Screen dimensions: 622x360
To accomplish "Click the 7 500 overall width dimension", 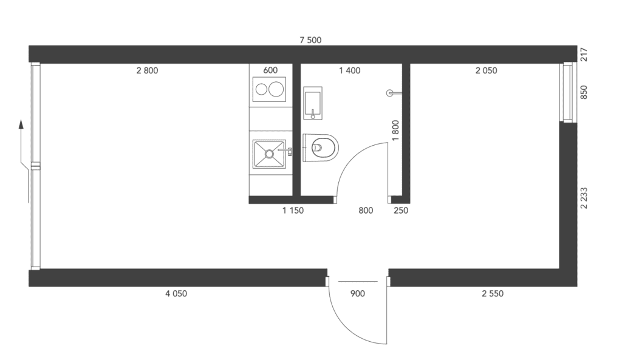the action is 310,40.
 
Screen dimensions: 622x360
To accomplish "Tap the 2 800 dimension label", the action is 147,70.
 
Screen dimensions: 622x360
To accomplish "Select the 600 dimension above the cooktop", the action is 270,70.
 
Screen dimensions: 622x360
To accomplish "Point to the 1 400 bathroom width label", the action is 350,70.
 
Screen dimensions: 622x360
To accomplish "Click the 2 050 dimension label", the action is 487,70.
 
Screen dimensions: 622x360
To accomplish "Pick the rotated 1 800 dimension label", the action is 395,131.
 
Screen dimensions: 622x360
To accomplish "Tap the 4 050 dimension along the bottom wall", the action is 176,294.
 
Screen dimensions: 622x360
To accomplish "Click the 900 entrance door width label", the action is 358,294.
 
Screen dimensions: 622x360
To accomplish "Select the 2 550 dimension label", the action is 493,294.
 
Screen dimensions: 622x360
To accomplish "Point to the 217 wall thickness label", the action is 584,55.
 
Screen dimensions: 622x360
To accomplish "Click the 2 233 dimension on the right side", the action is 584,199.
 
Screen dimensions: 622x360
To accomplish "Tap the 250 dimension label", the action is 401,211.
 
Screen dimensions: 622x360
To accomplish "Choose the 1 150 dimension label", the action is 293,211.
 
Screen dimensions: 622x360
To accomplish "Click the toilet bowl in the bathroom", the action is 321,148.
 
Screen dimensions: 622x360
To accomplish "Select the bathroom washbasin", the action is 313,103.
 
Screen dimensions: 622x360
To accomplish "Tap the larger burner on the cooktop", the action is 276,89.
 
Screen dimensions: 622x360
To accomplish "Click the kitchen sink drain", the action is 269,154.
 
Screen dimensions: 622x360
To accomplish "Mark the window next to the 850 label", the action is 568,92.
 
